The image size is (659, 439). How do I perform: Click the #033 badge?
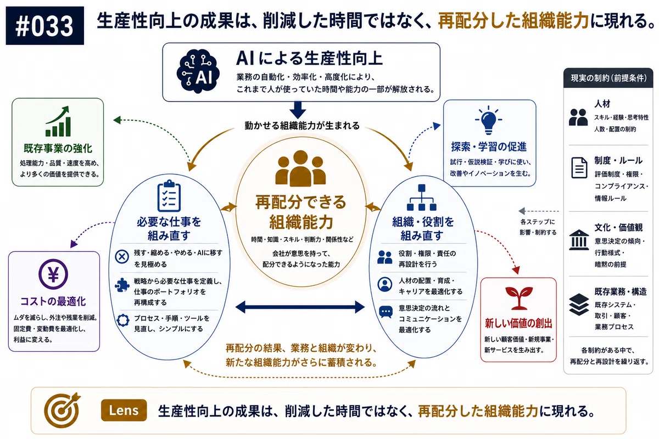44,26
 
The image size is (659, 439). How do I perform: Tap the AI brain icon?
198,71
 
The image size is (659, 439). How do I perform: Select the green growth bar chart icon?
58,121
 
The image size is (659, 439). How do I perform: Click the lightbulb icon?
488,120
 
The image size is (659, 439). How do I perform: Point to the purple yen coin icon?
53,274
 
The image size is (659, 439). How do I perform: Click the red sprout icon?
518,298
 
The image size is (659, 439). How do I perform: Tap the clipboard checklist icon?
169,196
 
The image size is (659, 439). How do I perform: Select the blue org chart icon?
422,198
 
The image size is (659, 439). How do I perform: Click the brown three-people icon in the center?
300,168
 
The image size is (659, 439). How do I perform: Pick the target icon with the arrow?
62,410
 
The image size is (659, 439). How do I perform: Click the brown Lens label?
124,410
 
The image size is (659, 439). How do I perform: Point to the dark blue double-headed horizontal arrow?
300,307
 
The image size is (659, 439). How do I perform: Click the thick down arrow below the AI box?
298,110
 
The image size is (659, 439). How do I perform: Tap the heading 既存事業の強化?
58,148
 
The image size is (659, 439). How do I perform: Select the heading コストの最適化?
53,301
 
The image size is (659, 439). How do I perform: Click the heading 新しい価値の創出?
518,323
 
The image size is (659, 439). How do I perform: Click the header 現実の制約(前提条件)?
608,78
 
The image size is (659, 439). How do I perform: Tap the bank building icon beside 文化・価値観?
579,240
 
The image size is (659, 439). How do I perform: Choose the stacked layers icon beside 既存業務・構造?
579,305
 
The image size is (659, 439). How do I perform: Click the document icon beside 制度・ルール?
579,167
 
